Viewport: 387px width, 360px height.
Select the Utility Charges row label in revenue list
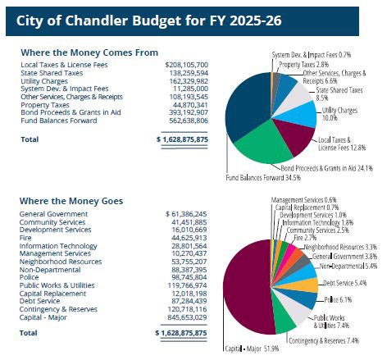[x=46, y=80]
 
